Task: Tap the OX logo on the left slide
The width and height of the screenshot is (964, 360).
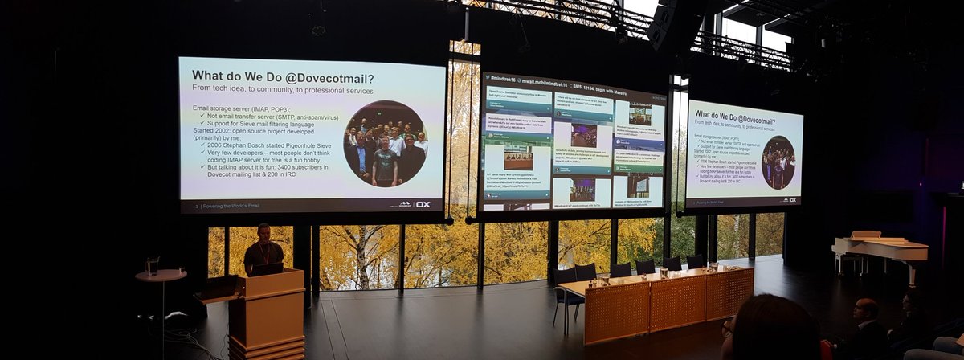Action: (x=423, y=204)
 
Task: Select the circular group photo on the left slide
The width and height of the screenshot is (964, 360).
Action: (x=385, y=144)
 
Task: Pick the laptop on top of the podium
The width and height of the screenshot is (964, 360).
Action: (x=268, y=268)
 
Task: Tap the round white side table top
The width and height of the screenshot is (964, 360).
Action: (x=161, y=275)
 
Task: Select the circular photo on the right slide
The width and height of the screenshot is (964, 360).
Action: (x=778, y=162)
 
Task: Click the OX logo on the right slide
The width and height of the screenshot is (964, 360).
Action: (x=792, y=200)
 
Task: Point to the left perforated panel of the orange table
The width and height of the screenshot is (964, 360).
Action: (x=616, y=311)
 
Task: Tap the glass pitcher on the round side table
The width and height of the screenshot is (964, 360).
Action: (x=152, y=265)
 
